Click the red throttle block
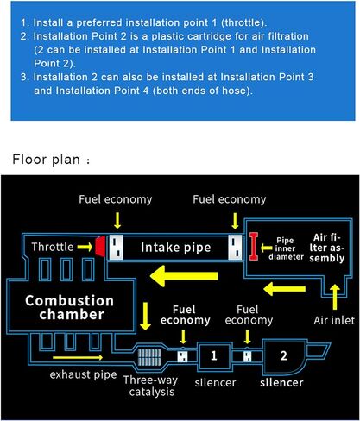pyautogui.click(x=100, y=247)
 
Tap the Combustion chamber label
pyautogui.click(x=70, y=307)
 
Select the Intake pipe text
pyautogui.click(x=176, y=248)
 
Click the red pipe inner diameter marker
pyautogui.click(x=254, y=247)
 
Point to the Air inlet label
pyautogui.click(x=334, y=320)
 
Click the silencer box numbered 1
pyautogui.click(x=214, y=356)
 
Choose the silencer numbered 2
pyautogui.click(x=283, y=356)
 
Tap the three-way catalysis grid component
pyautogui.click(x=149, y=357)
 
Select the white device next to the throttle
pyautogui.click(x=116, y=247)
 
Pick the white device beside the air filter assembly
pyautogui.click(x=236, y=247)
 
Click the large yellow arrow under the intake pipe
pyautogui.click(x=184, y=276)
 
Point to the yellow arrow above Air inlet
pyautogui.click(x=335, y=297)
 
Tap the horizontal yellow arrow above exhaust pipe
pyautogui.click(x=78, y=357)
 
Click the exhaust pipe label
pyautogui.click(x=83, y=374)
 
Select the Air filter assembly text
pyautogui.click(x=327, y=248)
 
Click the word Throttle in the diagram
pyautogui.click(x=53, y=247)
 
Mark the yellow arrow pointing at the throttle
pyautogui.click(x=85, y=247)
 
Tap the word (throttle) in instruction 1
pyautogui.click(x=243, y=22)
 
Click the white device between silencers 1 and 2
pyautogui.click(x=247, y=356)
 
